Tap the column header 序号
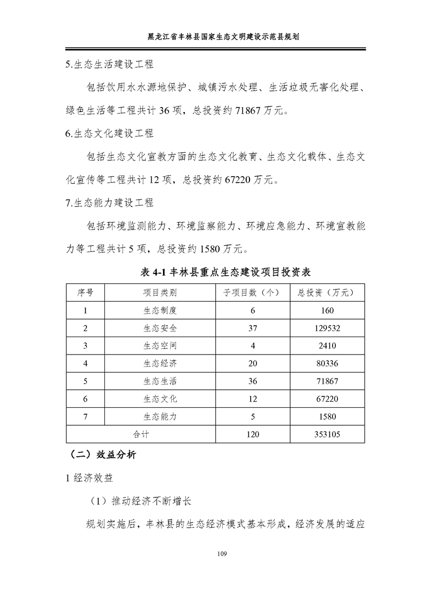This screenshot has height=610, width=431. click(85, 292)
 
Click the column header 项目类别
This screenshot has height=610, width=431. click(160, 292)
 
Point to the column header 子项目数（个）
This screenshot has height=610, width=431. click(253, 292)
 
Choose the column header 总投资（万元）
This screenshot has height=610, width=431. click(327, 292)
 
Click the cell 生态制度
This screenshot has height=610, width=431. click(160, 310)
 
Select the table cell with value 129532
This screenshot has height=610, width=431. click(327, 328)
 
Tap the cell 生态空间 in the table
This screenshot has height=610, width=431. click(160, 346)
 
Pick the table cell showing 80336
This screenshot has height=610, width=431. click(327, 363)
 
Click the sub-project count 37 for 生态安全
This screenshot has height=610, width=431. click(253, 328)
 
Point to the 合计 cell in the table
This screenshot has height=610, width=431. click(141, 434)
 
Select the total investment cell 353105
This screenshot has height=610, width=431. click(327, 434)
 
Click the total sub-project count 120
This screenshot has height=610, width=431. click(253, 434)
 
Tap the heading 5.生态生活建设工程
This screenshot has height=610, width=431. click(109, 64)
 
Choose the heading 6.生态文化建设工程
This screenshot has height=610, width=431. click(109, 133)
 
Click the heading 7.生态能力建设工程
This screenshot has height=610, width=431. click(109, 203)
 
